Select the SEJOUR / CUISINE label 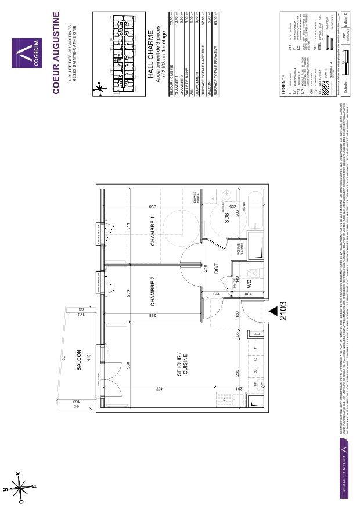click(182, 364)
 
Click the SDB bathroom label click(227, 217)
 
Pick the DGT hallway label click(215, 269)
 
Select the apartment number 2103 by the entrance click(285, 311)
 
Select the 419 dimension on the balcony click(87, 358)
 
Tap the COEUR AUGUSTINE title click(57, 52)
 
